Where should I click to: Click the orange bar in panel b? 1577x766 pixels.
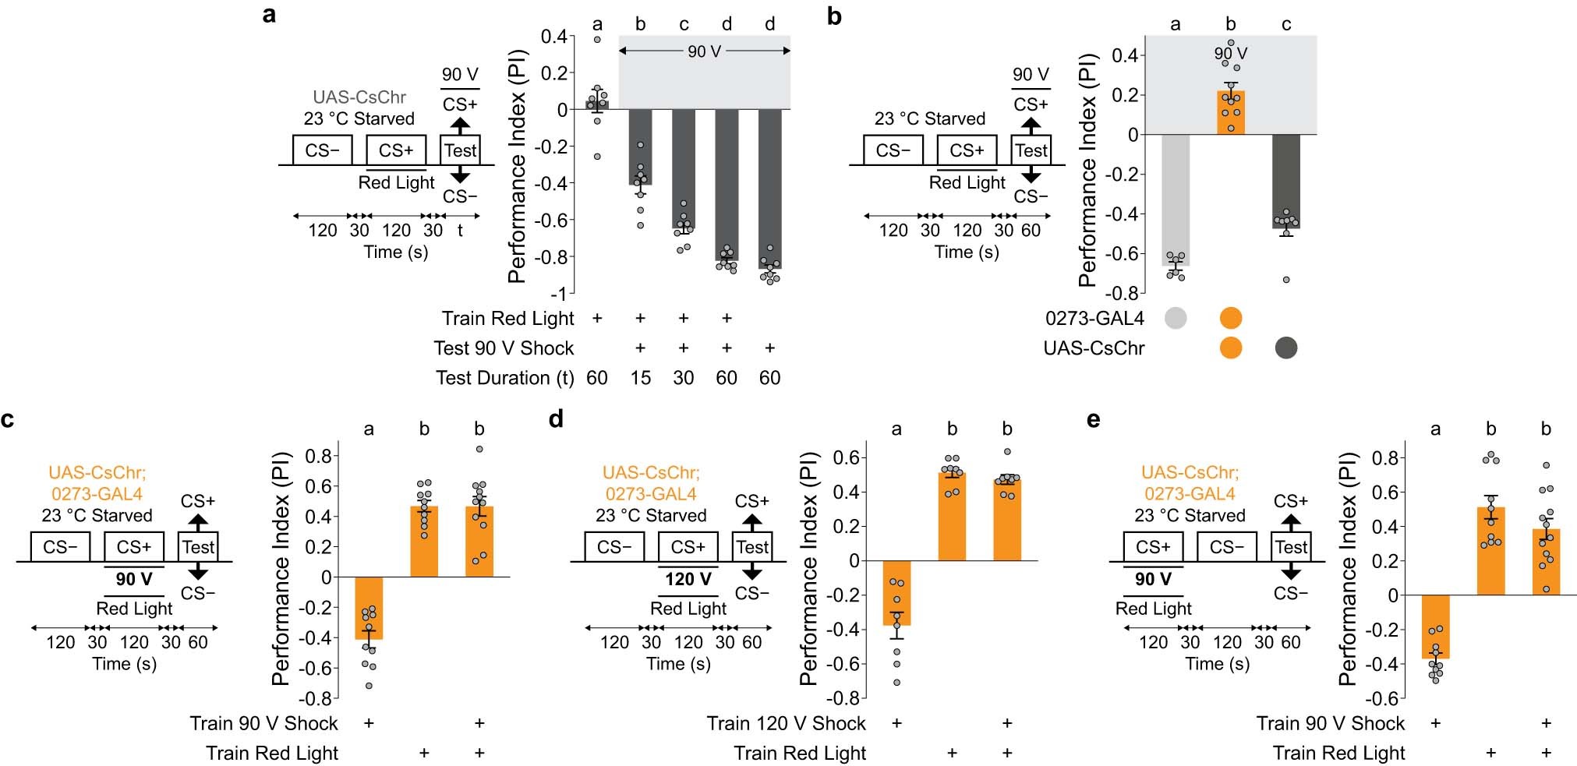[x=1230, y=113]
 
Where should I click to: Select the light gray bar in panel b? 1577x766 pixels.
[x=1175, y=199]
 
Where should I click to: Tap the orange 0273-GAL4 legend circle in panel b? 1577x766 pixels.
[x=1230, y=318]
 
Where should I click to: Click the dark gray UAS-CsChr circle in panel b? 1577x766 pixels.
[x=1285, y=348]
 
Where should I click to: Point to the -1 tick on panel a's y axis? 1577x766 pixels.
[x=558, y=295]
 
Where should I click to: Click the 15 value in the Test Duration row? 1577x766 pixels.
[x=640, y=378]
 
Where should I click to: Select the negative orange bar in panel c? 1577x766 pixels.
[x=369, y=608]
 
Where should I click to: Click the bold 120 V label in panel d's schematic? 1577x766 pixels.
[x=688, y=579]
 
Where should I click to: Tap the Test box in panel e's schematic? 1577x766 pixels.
[x=1291, y=547]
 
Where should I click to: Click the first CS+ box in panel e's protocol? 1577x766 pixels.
[x=1153, y=547]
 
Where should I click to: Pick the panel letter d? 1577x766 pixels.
[x=555, y=419]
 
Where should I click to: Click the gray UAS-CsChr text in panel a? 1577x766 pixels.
[x=359, y=97]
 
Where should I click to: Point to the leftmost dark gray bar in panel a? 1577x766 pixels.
[x=640, y=146]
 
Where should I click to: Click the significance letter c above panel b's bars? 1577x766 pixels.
[x=1285, y=25]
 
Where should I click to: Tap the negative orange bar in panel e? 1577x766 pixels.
[x=1435, y=627]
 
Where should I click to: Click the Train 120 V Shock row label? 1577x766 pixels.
[x=786, y=723]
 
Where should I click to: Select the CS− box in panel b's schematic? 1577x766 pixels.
[x=893, y=150]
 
